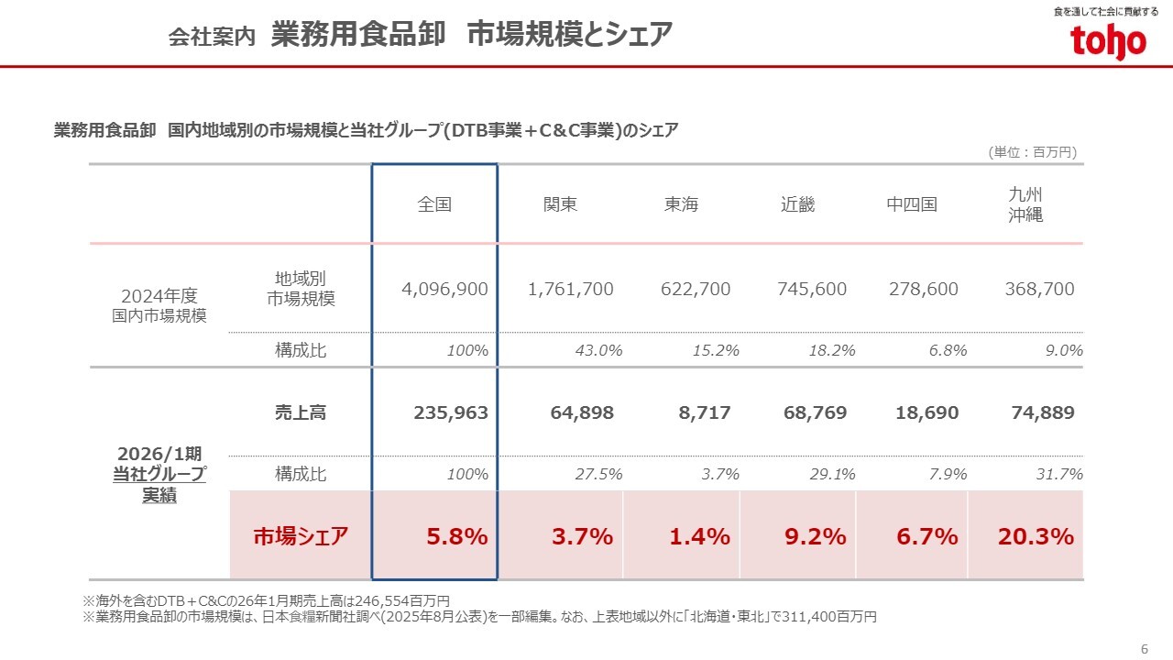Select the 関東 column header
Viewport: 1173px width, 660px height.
[x=561, y=204]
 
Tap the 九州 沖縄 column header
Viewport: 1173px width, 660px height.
[x=1025, y=204]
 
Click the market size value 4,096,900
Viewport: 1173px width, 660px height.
[x=444, y=290]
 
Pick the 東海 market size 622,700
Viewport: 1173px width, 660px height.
[x=696, y=290]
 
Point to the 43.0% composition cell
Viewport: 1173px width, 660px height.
[x=598, y=350]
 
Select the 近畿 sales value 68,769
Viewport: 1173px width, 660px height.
[x=815, y=413]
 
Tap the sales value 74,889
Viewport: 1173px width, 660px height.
[x=1043, y=413]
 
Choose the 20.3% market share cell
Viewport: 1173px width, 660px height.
[x=1036, y=536]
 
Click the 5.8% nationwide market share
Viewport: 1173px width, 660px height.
[x=457, y=536]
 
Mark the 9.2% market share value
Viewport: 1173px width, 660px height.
[x=815, y=536]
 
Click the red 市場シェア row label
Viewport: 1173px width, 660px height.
[x=301, y=537]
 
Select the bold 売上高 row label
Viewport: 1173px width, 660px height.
[x=301, y=413]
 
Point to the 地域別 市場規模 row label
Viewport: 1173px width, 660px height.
[x=301, y=289]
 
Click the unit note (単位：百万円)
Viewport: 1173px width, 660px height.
[x=1032, y=152]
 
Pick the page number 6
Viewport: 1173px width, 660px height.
[x=1144, y=649]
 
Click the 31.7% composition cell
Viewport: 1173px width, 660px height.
[x=1059, y=474]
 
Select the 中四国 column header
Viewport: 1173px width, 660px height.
[x=912, y=204]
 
